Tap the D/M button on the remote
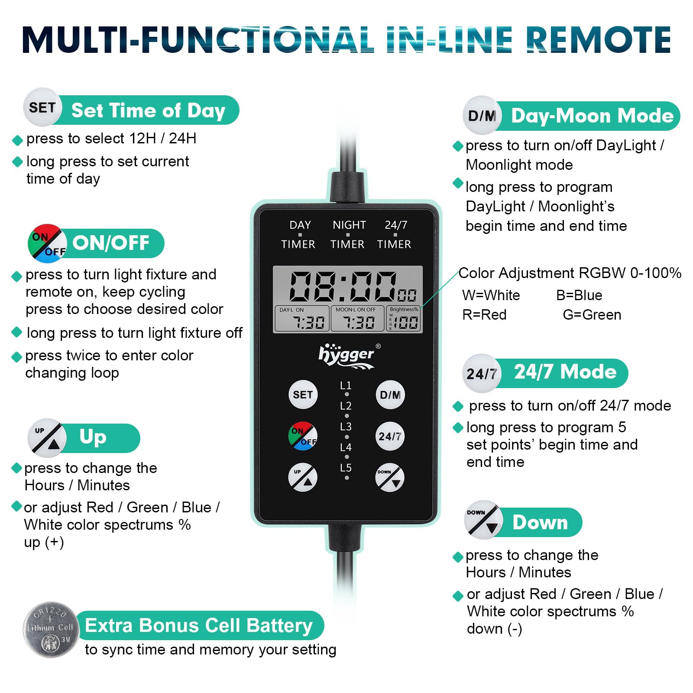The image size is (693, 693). click(390, 395)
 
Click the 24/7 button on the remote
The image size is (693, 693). click(390, 436)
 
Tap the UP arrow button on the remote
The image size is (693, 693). click(303, 477)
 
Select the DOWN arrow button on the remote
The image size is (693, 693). click(390, 477)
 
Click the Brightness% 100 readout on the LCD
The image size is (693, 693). click(404, 319)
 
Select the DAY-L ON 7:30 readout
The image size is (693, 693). click(302, 319)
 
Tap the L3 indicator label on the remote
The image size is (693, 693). click(346, 427)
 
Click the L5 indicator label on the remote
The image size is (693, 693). click(346, 468)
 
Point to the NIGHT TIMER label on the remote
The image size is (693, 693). click(348, 234)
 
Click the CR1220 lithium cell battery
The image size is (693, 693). click(51, 629)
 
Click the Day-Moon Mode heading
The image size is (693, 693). click(592, 116)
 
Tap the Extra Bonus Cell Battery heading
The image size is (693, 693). click(199, 625)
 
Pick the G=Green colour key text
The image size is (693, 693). click(592, 314)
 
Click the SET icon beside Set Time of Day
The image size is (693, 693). click(42, 107)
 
